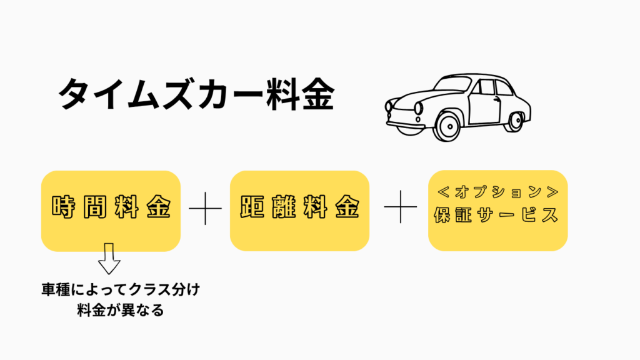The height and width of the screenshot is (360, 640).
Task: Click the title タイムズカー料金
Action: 196,96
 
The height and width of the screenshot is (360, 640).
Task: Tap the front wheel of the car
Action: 447,125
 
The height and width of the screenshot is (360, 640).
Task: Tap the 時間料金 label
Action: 111,209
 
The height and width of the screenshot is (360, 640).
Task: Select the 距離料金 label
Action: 300,209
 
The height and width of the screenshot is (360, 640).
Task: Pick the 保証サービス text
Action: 497,215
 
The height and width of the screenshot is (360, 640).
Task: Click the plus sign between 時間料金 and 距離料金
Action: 206,208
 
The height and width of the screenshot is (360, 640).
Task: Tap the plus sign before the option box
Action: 400,208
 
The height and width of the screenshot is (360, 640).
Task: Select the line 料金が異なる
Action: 119,309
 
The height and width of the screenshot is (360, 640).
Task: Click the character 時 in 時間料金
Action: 64,209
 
